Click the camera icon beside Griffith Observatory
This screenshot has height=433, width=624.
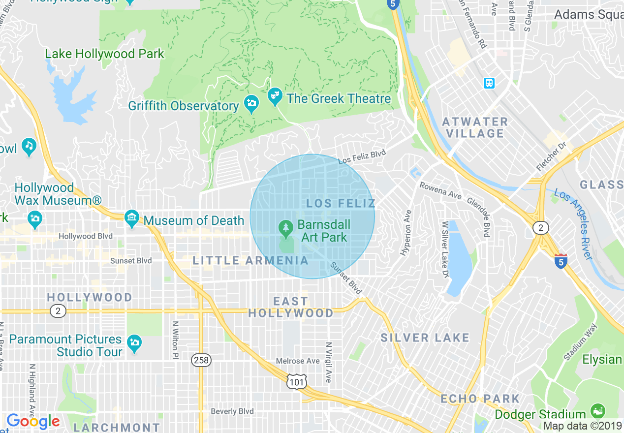click(x=251, y=104)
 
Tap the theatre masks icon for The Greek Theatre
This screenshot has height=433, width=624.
click(x=275, y=97)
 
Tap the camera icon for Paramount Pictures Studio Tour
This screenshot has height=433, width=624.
click(x=134, y=342)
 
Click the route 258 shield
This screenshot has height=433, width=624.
click(x=201, y=360)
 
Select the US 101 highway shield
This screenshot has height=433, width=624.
click(x=297, y=380)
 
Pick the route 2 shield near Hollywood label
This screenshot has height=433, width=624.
click(x=58, y=311)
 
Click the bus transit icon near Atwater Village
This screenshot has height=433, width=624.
click(x=489, y=83)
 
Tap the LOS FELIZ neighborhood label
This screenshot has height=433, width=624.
click(x=341, y=203)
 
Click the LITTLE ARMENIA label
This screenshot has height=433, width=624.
click(x=250, y=260)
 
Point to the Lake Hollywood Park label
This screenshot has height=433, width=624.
click(x=104, y=54)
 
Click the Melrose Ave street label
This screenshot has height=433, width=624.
click(x=298, y=361)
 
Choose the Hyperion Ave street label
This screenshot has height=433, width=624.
click(x=406, y=233)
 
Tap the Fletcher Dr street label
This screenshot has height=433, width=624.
click(x=552, y=157)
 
